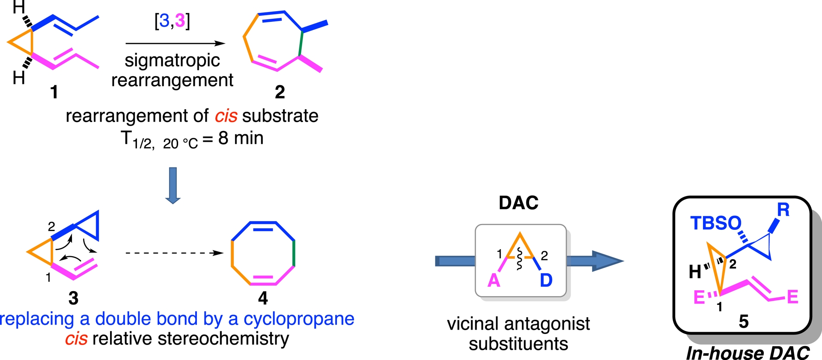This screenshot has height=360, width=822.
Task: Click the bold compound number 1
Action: [x=54, y=92]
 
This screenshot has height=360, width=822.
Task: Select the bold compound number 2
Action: [x=280, y=92]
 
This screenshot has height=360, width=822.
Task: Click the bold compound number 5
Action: [x=744, y=321]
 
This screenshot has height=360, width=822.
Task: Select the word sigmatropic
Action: [x=172, y=60]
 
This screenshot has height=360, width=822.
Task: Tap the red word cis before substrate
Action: [x=226, y=116]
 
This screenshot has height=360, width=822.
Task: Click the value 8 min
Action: [x=241, y=138]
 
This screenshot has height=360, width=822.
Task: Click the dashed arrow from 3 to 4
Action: [x=175, y=253]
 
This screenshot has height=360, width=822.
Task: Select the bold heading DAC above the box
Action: [x=518, y=203]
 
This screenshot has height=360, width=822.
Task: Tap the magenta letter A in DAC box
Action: [x=494, y=280]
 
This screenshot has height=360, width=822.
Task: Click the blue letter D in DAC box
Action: [x=546, y=280]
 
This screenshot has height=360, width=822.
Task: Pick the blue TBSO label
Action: [x=715, y=223]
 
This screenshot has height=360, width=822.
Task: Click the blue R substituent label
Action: [x=783, y=210]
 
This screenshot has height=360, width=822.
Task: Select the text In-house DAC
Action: [x=748, y=353]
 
